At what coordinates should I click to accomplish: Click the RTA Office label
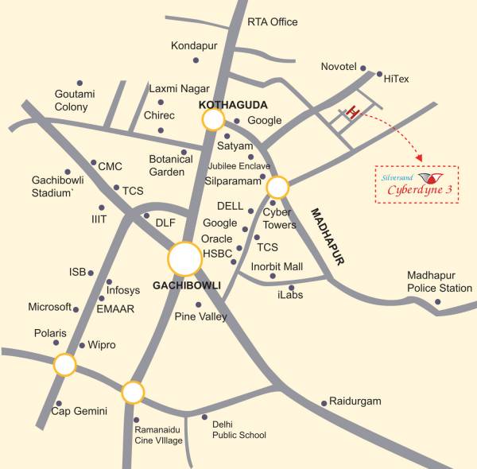click(272, 22)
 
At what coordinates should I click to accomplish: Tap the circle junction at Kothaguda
click(213, 120)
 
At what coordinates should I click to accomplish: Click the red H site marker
click(354, 112)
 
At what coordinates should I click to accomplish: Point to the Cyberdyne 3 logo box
click(417, 184)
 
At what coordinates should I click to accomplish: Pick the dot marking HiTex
click(378, 78)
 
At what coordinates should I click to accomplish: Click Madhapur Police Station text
click(439, 281)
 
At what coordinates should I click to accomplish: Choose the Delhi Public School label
click(238, 429)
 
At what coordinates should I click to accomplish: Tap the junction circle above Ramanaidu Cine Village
click(133, 393)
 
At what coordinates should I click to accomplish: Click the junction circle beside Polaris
click(64, 366)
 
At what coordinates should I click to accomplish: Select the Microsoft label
click(49, 307)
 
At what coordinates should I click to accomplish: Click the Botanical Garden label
click(171, 165)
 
